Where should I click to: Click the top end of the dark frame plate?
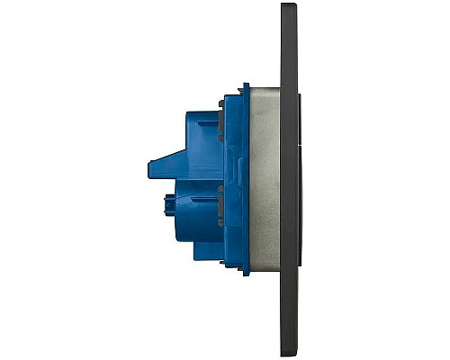(x=289, y=6)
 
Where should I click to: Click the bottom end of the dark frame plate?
(x=289, y=353)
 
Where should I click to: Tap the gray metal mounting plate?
(x=265, y=180)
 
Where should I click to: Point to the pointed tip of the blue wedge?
(x=149, y=166)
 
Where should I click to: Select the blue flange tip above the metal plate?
(x=244, y=87)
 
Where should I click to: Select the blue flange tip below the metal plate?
(x=244, y=273)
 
